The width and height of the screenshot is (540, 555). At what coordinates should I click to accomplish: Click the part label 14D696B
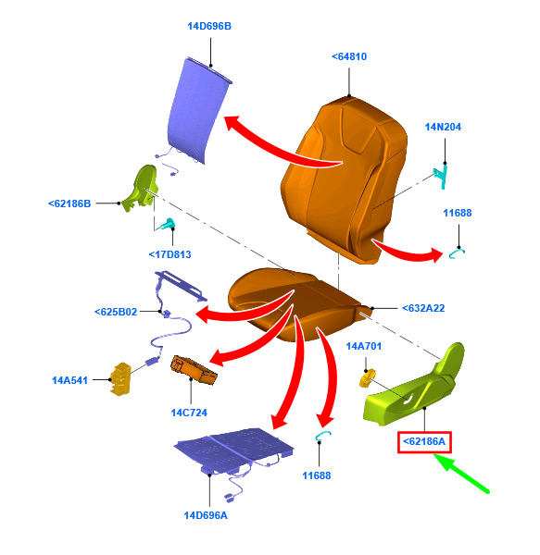pyautogui.click(x=209, y=26)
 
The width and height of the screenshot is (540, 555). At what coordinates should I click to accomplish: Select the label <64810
pyautogui.click(x=349, y=56)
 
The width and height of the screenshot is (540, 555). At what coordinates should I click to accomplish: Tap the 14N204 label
pyautogui.click(x=443, y=127)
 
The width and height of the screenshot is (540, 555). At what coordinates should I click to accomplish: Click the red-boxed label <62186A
pyautogui.click(x=424, y=442)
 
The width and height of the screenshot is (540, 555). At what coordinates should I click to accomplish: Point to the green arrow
pyautogui.click(x=460, y=473)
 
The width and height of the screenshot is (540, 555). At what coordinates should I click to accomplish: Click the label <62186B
pyautogui.click(x=69, y=203)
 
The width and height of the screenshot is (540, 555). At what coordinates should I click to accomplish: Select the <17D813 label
pyautogui.click(x=170, y=254)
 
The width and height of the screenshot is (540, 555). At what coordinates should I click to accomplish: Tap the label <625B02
pyautogui.click(x=116, y=312)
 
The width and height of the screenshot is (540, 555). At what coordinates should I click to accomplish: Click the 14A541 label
pyautogui.click(x=69, y=380)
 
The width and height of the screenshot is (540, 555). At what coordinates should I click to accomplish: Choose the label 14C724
pyautogui.click(x=189, y=413)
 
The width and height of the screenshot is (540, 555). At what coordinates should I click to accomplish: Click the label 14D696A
pyautogui.click(x=206, y=515)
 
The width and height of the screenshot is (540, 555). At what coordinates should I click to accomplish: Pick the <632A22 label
pyautogui.click(x=423, y=308)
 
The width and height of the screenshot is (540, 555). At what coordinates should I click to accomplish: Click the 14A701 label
pyautogui.click(x=363, y=346)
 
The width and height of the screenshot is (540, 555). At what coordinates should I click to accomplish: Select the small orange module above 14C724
pyautogui.click(x=194, y=370)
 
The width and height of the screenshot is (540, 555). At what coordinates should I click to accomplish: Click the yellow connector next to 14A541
pyautogui.click(x=120, y=378)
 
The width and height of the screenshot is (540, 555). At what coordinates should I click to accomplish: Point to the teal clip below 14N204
pyautogui.click(x=441, y=177)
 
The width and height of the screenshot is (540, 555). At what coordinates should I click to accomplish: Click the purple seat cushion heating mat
pyautogui.click(x=233, y=448)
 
